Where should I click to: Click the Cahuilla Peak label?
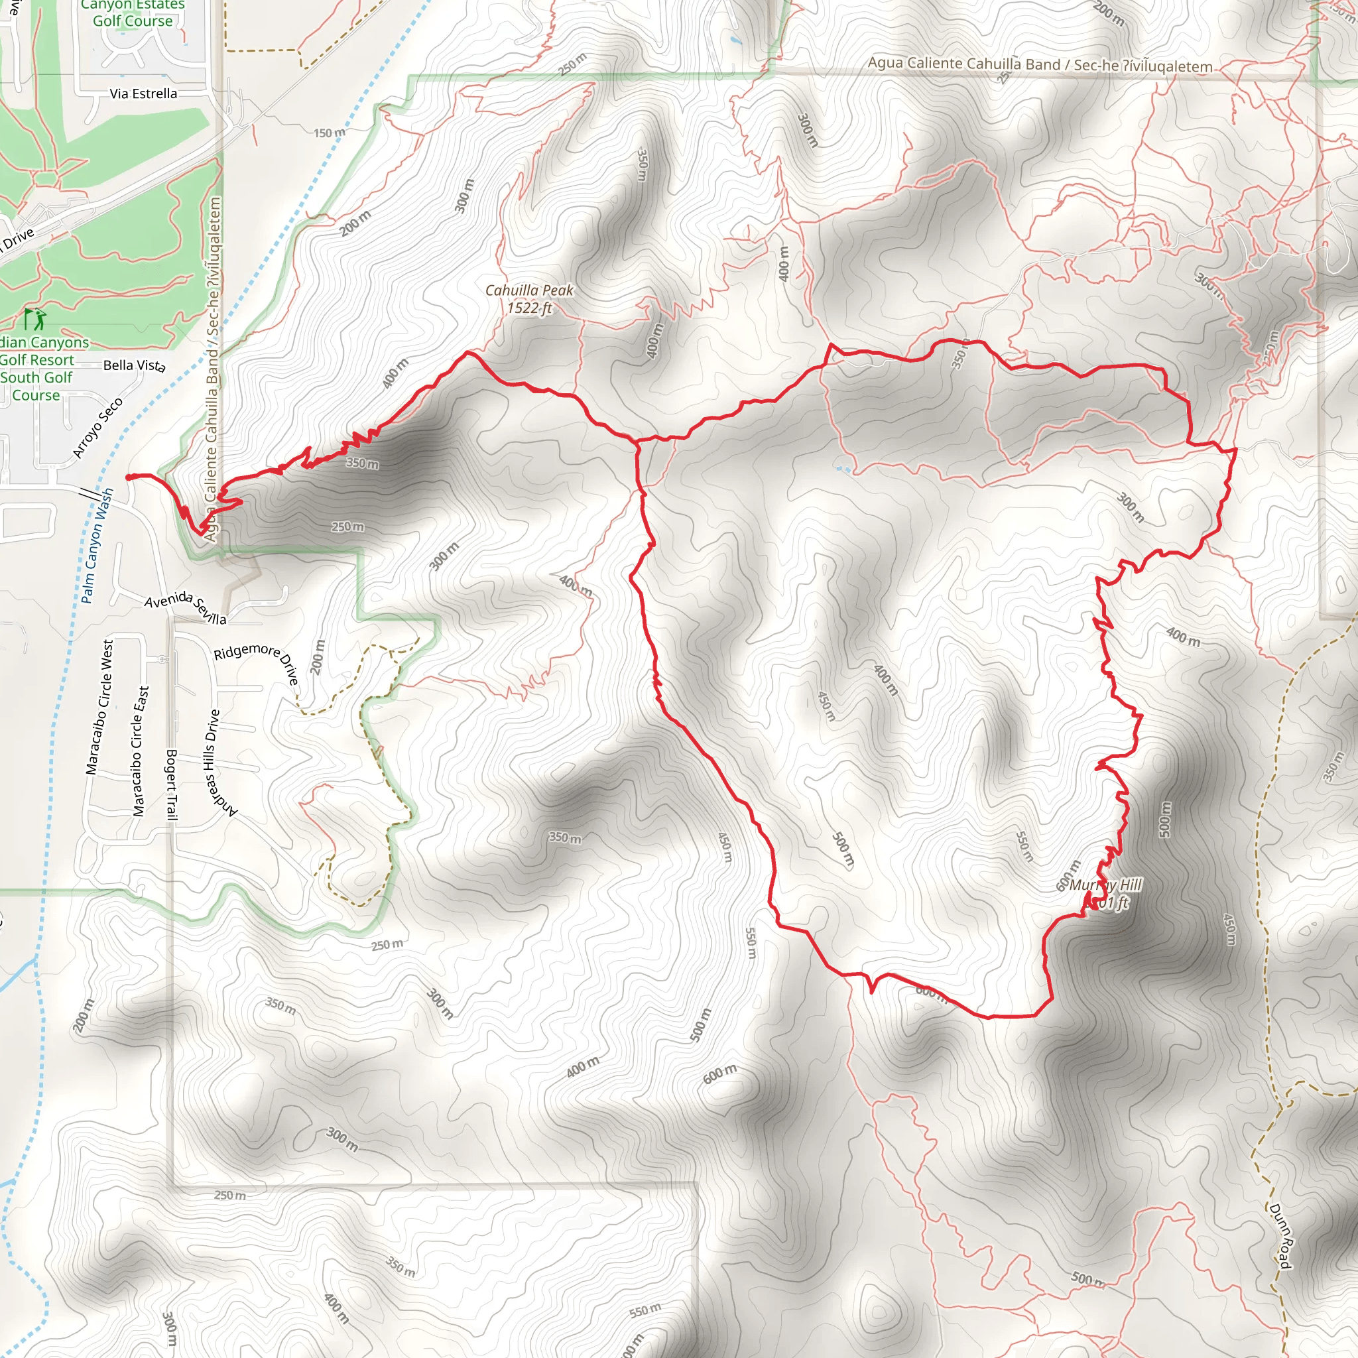point(529,290)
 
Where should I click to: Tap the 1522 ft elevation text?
point(529,308)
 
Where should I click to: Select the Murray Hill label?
point(1105,885)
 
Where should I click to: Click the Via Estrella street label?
point(143,93)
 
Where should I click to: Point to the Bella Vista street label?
point(134,365)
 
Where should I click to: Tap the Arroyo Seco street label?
point(98,428)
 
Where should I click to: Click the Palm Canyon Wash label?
point(96,546)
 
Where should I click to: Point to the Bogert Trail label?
point(172,784)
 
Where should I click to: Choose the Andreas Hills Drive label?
point(219,765)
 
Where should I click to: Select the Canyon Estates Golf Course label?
point(132,13)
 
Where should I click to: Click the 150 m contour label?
point(329,133)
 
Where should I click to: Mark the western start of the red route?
point(129,477)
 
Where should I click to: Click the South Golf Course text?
point(36,386)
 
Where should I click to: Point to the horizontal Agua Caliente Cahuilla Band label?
point(1040,65)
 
